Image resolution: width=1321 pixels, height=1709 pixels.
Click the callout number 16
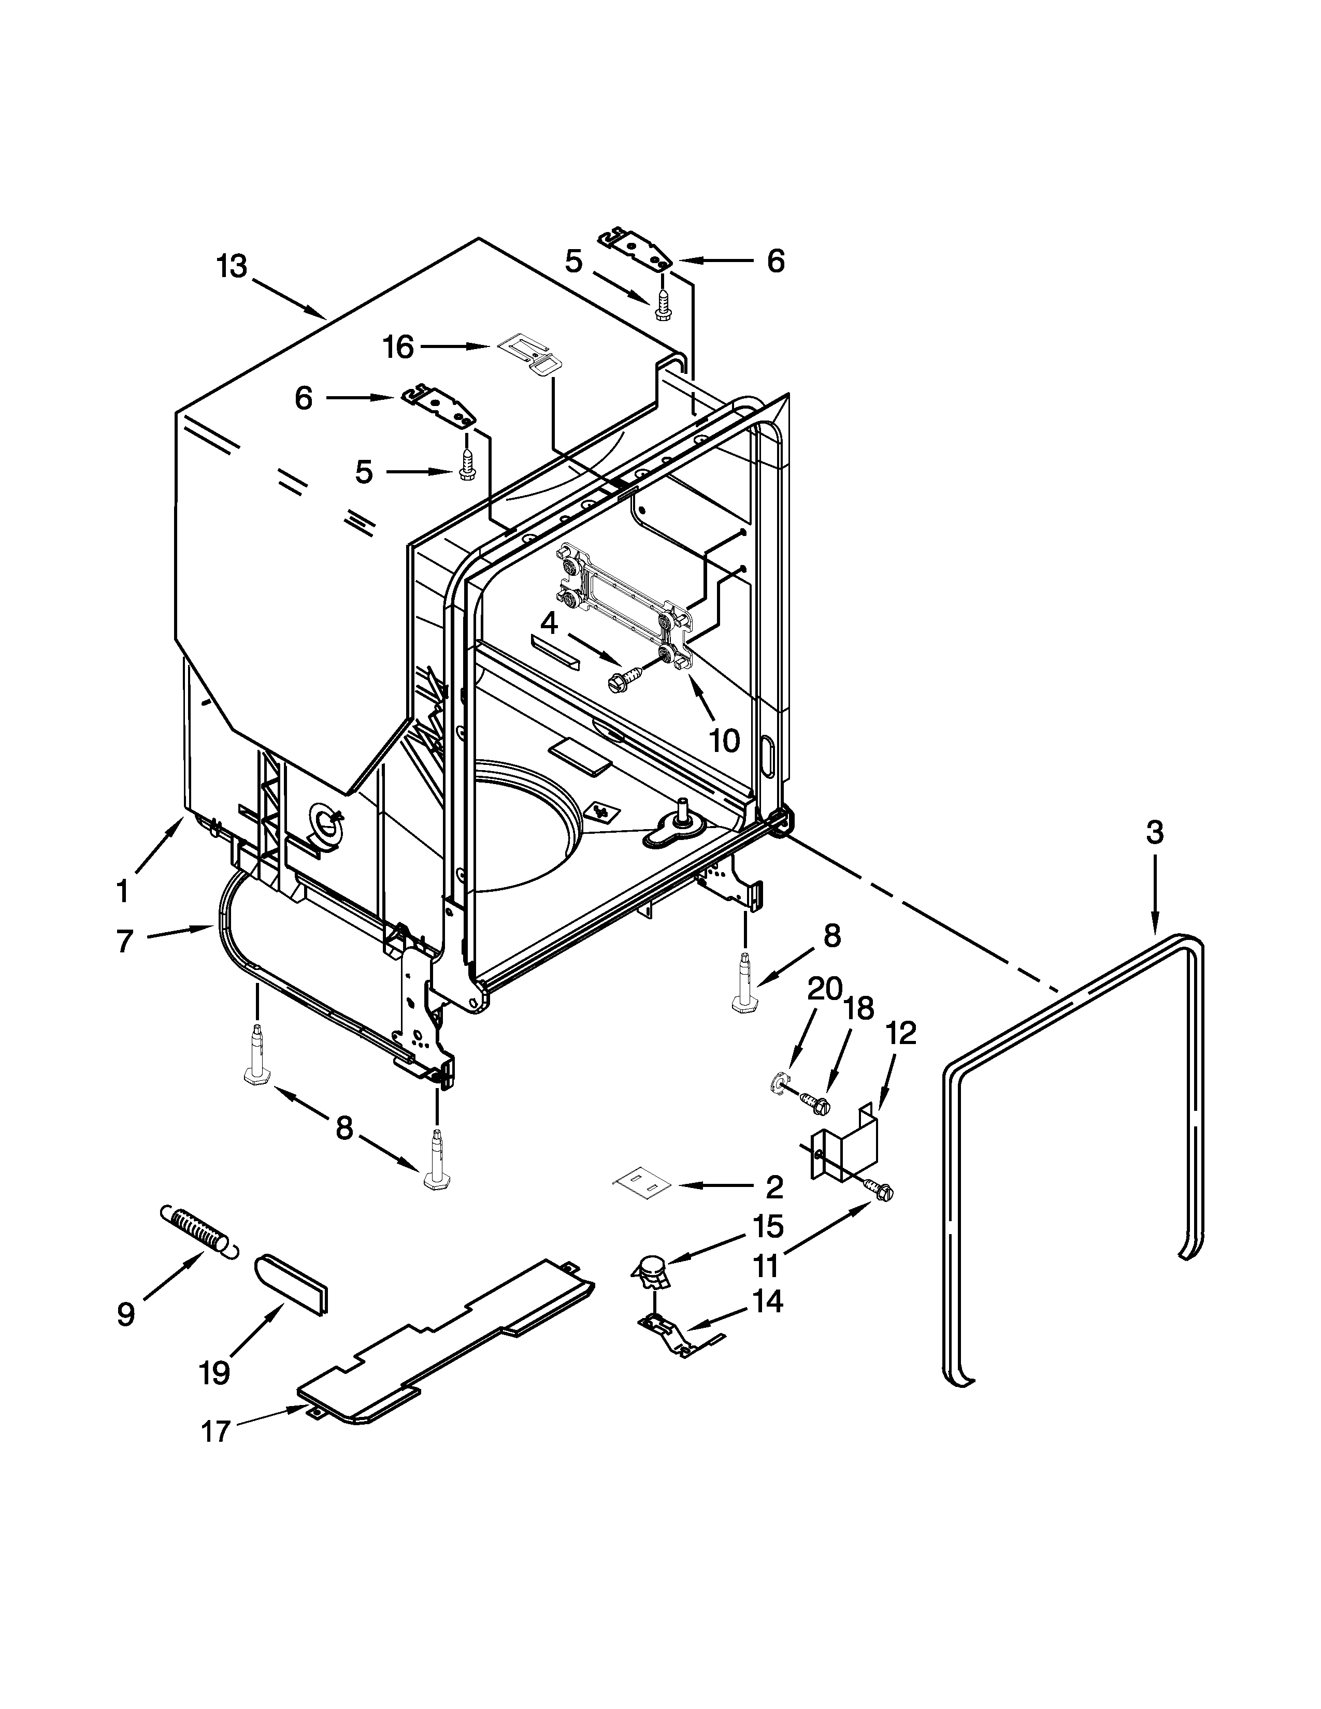point(398,346)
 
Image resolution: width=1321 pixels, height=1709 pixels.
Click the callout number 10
point(724,740)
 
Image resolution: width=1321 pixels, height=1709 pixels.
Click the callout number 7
point(124,942)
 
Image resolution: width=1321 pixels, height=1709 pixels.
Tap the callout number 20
point(824,989)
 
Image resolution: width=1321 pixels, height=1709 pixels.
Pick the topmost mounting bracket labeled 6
point(636,247)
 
